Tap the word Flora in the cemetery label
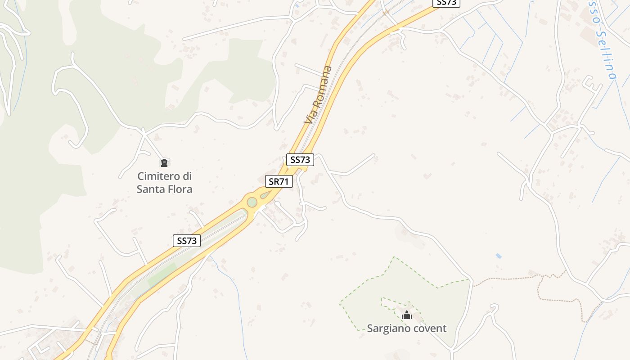point(180,189)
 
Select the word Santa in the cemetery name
point(151,189)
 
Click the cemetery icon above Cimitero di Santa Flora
point(164,162)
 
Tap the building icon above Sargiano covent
point(407,315)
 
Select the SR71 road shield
point(279,182)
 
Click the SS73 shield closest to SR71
point(300,160)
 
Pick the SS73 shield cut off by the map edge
point(446,3)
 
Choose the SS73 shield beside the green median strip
point(187,241)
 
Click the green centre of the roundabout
point(252,202)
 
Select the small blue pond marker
point(498,256)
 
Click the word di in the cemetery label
point(187,176)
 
